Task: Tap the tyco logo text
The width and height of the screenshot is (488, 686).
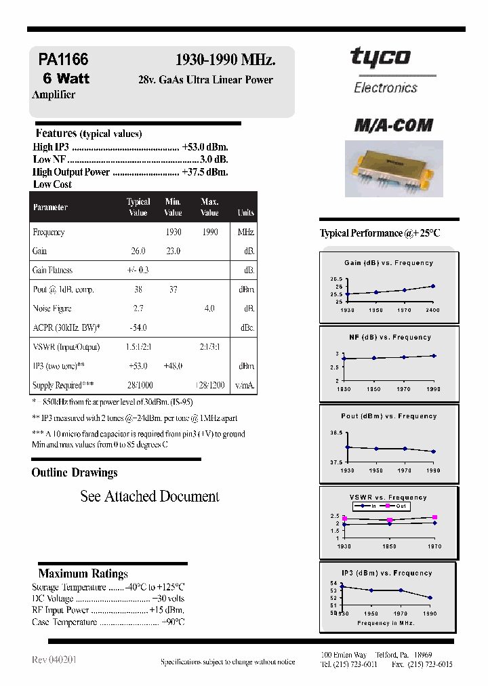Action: [380, 58]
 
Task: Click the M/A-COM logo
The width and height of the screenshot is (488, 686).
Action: [394, 125]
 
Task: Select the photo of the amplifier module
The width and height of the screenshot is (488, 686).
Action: [394, 168]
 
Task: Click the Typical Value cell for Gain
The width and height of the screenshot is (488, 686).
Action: [138, 251]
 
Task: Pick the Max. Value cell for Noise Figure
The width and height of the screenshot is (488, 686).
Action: [209, 308]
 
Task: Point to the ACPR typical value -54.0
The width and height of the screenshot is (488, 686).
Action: [139, 327]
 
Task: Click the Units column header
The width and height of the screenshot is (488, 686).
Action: [245, 212]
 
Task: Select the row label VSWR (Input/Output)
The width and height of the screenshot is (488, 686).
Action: [66, 347]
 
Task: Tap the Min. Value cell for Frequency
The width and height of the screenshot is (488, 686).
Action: [173, 232]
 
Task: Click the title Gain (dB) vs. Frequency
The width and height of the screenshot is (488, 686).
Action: [388, 263]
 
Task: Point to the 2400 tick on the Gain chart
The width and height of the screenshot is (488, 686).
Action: [432, 310]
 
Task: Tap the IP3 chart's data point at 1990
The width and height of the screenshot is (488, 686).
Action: [430, 598]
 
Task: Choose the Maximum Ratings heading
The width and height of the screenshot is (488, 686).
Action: [83, 573]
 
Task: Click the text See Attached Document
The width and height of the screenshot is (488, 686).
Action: [150, 496]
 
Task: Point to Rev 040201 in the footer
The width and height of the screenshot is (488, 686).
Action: [54, 660]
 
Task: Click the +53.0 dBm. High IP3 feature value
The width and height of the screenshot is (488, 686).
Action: [205, 147]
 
